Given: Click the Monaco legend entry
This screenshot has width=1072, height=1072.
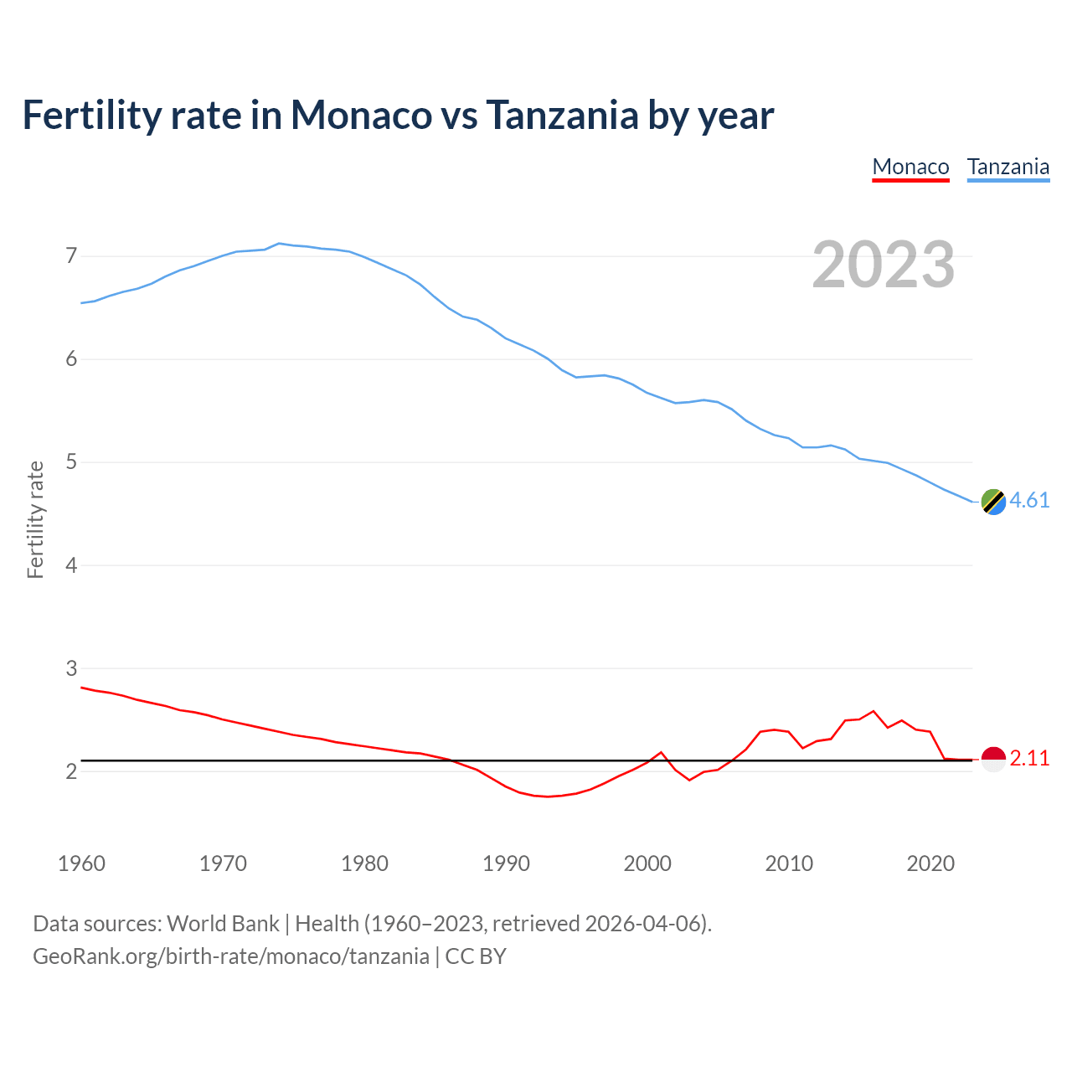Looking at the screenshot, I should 910,167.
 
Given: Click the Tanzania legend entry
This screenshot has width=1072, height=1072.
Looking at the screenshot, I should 1008,167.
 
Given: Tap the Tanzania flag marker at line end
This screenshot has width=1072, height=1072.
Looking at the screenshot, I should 993,502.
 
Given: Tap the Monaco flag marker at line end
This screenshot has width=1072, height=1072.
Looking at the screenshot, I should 993,759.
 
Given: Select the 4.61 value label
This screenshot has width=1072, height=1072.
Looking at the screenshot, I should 1029,500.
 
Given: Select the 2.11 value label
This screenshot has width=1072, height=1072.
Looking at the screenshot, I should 1029,759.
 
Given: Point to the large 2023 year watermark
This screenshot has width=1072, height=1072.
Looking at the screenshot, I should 884,265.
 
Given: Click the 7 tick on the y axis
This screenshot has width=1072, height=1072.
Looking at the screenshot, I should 71,255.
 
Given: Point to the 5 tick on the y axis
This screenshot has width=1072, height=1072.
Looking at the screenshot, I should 71,462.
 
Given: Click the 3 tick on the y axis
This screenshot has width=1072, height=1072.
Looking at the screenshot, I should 71,668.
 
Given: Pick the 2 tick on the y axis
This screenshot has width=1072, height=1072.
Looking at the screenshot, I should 71,771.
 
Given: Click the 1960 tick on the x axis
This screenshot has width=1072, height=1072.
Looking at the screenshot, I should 81,863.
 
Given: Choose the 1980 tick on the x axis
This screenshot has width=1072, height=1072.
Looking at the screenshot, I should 364,863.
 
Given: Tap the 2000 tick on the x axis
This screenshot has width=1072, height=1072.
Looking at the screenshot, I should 647,863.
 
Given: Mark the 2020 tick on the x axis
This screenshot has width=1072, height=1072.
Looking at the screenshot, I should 930,863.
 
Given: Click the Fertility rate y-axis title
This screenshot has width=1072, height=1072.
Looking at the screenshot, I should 35,519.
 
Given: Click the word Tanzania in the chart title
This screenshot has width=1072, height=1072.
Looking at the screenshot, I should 562,115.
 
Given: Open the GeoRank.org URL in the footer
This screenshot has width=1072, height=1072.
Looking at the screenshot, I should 230,956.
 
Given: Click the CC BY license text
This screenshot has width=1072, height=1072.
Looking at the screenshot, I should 476,956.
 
